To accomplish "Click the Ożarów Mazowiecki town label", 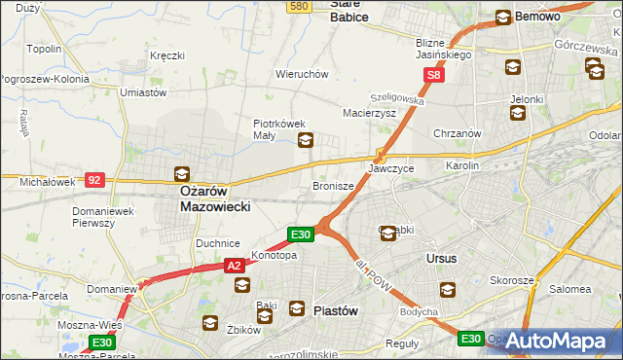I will tap(215, 199).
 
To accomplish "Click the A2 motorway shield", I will tap(234, 265).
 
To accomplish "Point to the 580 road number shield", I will tap(300, 6).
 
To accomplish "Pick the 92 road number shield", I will tap(93, 180).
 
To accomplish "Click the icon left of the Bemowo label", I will tap(503, 17).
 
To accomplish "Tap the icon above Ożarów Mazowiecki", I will tap(182, 174).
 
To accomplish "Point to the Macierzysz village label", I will tap(369, 113).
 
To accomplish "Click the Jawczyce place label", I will tap(391, 168).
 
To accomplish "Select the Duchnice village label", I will tap(218, 243).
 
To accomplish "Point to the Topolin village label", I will tap(44, 49).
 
